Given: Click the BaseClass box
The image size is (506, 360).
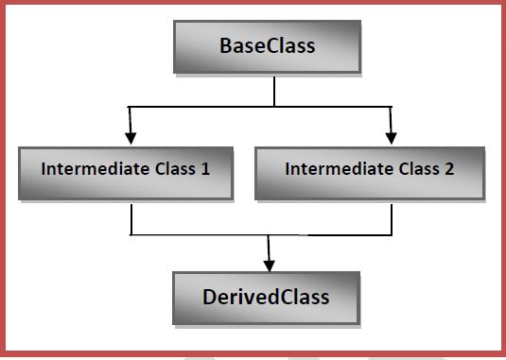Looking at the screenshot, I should (x=267, y=46).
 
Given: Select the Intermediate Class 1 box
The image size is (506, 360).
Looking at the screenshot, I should (x=125, y=171).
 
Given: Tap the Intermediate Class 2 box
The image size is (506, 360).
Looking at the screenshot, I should (x=369, y=171).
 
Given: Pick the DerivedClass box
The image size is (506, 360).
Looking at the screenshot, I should (x=266, y=298).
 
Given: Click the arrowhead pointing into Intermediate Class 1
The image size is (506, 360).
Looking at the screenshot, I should (x=131, y=137).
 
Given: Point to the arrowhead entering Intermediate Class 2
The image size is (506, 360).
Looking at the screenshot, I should (x=391, y=137).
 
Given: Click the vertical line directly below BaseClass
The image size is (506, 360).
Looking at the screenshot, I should (x=274, y=90).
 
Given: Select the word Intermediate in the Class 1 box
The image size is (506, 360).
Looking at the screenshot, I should (x=89, y=171).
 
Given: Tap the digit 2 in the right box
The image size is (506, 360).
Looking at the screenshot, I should (x=447, y=171).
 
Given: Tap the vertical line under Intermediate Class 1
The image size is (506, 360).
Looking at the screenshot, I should (x=131, y=217).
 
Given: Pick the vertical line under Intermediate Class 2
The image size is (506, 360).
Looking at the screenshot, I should (x=391, y=217).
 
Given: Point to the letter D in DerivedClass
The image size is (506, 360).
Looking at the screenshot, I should (x=210, y=298).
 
